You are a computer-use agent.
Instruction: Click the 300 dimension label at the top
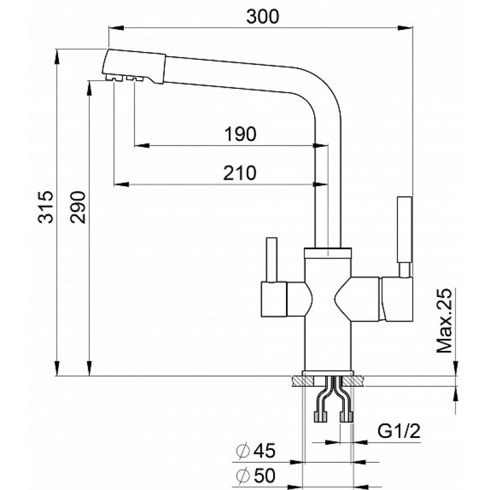point(262,17)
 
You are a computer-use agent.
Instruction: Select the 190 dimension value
point(241,134)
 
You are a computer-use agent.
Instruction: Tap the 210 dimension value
point(239,173)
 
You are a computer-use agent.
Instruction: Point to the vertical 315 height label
point(46,206)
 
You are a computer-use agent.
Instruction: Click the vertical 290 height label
point(78,206)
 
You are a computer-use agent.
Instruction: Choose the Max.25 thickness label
point(444,320)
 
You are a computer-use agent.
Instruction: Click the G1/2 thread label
point(399,431)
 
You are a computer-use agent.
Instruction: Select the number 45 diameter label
point(264,451)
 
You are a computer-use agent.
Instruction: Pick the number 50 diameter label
point(264,475)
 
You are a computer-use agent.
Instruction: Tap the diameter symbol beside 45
point(243,451)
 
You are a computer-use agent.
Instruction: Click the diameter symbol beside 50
point(243,476)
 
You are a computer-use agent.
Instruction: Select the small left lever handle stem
point(271,260)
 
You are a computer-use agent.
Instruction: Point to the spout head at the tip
point(134,66)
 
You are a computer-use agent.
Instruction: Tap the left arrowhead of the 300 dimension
point(116,28)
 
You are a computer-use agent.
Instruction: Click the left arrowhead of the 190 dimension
point(142,146)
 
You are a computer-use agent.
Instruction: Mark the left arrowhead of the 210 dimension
point(121,185)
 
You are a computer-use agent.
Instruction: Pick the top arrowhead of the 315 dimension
point(57,57)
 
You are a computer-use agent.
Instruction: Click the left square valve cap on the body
point(274,299)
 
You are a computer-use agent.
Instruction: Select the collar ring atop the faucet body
point(328,252)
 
